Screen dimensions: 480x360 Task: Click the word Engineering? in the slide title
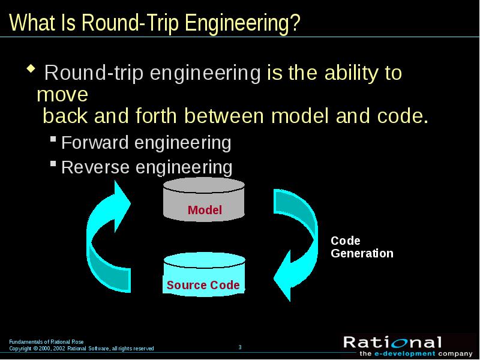[x=242, y=23]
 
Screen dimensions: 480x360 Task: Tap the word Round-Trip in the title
[x=130, y=23]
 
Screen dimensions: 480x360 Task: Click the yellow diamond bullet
[x=31, y=68]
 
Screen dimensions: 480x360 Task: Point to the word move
[x=62, y=95]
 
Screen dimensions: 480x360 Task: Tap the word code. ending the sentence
[x=403, y=116]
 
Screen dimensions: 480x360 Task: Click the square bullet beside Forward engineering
[x=53, y=139]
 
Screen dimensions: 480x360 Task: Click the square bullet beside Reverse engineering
[x=53, y=164]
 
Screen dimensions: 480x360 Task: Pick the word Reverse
[x=95, y=167]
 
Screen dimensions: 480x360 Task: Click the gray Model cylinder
[x=204, y=199]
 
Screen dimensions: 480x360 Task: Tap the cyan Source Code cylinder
[x=204, y=275]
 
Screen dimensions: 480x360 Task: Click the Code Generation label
[x=362, y=247]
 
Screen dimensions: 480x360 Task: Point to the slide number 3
[x=240, y=347]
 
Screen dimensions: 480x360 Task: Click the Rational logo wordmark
[x=392, y=343]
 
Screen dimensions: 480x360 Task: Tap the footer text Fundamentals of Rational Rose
[x=46, y=342]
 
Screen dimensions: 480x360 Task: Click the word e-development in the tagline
[x=404, y=354]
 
